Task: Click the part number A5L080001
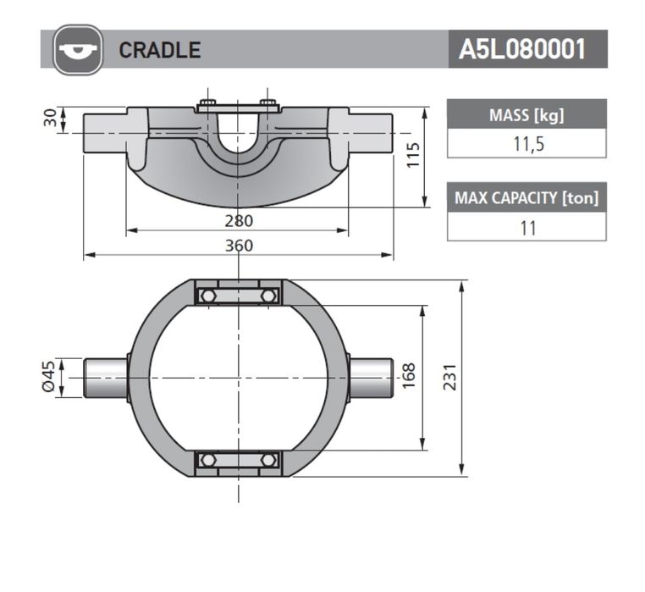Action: tap(522, 49)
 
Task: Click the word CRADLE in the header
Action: tap(160, 50)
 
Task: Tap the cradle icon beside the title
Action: tap(78, 50)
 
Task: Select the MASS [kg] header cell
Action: tap(526, 114)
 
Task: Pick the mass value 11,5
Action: tap(528, 144)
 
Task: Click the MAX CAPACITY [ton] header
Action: tap(526, 197)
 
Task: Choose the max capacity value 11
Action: tap(528, 228)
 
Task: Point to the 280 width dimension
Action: tap(239, 221)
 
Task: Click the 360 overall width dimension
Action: tap(239, 246)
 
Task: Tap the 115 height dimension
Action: tap(412, 155)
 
